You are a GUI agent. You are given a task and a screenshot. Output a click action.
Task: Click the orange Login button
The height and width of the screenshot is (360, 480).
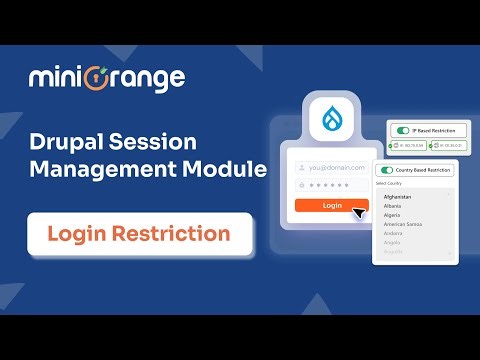tap(331, 206)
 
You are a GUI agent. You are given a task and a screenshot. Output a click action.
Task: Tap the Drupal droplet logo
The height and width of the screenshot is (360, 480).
tap(332, 122)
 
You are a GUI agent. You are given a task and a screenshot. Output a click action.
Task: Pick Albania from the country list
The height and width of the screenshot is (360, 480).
tap(391, 206)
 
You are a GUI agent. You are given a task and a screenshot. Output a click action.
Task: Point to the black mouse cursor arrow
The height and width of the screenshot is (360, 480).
tap(359, 212)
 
